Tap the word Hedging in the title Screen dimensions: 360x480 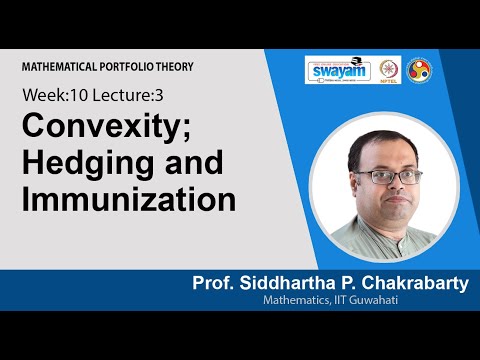coord(79,163)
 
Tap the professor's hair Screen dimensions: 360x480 coord(372,146)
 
